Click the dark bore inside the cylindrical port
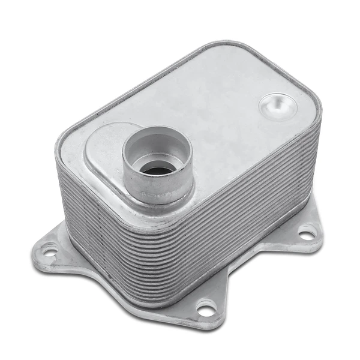(157, 170)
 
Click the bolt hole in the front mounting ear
(206, 310)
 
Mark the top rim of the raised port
(157, 134)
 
